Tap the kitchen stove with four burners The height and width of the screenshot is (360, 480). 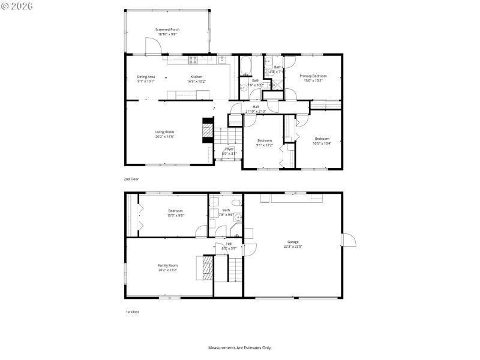[x=193, y=59]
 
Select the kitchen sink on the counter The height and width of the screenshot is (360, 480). [x=221, y=59]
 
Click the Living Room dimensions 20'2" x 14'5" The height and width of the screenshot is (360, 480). [x=164, y=137]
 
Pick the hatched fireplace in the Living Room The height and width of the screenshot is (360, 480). [x=207, y=130]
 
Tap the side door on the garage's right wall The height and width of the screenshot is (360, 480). [x=347, y=240]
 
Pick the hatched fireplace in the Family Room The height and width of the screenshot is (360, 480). [x=207, y=268]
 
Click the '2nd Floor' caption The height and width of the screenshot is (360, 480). [x=131, y=179]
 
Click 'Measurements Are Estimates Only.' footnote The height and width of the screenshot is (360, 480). [x=240, y=347]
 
